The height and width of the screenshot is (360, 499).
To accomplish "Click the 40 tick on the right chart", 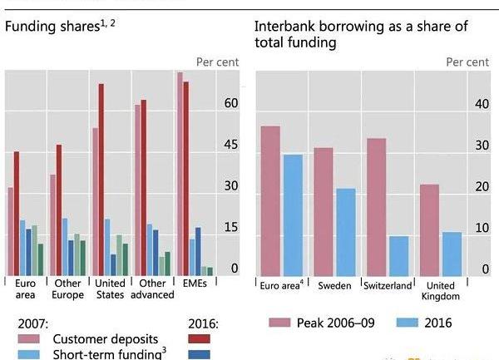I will coord(481,104).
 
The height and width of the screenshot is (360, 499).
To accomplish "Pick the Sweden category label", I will coord(334,285).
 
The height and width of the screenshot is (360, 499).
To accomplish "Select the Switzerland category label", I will coord(388,285).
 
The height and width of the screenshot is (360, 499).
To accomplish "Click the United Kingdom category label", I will coord(441,290).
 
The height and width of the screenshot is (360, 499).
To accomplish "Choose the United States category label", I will coord(110,288).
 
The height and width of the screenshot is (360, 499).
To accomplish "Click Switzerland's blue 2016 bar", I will coord(399,256).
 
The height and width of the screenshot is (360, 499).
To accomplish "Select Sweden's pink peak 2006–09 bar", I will coord(324,212).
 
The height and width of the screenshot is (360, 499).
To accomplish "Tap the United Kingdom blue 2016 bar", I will coord(452,254).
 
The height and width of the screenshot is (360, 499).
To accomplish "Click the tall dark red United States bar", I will coord(101,180).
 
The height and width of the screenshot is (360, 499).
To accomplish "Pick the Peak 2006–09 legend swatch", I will coord(278,322).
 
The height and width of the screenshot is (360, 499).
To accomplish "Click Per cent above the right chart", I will coord(467,62).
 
